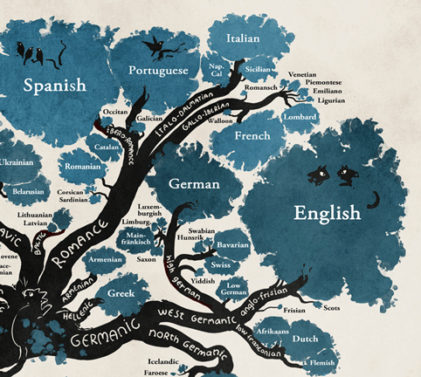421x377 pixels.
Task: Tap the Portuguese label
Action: [x=158, y=70]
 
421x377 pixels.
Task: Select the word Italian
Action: [x=243, y=38]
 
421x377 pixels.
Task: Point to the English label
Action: [x=327, y=212]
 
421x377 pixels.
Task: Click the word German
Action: [x=194, y=184]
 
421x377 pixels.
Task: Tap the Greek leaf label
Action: [x=121, y=294]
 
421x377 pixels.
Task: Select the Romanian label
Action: [x=83, y=166]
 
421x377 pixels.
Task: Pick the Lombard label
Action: [x=300, y=118]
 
